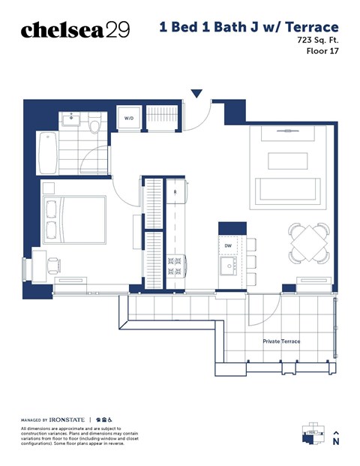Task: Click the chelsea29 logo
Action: pyautogui.click(x=75, y=29)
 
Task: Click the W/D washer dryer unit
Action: pyautogui.click(x=128, y=119)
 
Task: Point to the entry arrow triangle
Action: pyautogui.click(x=196, y=94)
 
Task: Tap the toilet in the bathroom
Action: pyautogui.click(x=94, y=123)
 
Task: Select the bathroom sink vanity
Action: pyautogui.click(x=73, y=117)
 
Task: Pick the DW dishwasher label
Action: pyautogui.click(x=228, y=246)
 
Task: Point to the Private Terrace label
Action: pyautogui.click(x=281, y=341)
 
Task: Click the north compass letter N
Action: pyautogui.click(x=336, y=443)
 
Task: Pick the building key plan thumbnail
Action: pyautogui.click(x=310, y=433)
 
